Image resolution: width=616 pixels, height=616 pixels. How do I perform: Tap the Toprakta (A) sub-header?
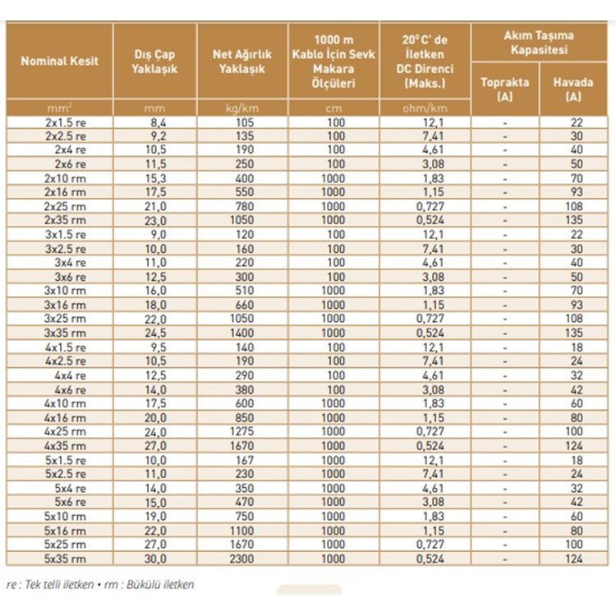504,89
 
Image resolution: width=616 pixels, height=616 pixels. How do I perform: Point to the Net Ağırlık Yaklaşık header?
242,61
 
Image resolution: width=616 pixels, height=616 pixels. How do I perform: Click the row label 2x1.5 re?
66,122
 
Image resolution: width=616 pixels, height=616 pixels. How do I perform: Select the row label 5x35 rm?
66,559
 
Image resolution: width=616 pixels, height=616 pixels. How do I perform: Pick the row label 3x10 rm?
66,290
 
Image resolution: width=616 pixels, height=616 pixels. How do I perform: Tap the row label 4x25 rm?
66,430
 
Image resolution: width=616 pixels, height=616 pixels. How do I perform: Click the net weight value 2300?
242,559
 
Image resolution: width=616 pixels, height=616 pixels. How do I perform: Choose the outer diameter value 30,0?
155,559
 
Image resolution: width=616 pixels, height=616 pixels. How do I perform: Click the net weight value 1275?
242,430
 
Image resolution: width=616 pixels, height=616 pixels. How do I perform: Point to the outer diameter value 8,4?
155,122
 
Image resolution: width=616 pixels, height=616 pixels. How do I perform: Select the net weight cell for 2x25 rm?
242,205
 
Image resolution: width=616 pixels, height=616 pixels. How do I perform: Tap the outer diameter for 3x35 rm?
155,332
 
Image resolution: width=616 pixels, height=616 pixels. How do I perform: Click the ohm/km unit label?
425,108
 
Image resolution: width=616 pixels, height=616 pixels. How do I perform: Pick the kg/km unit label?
242,108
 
